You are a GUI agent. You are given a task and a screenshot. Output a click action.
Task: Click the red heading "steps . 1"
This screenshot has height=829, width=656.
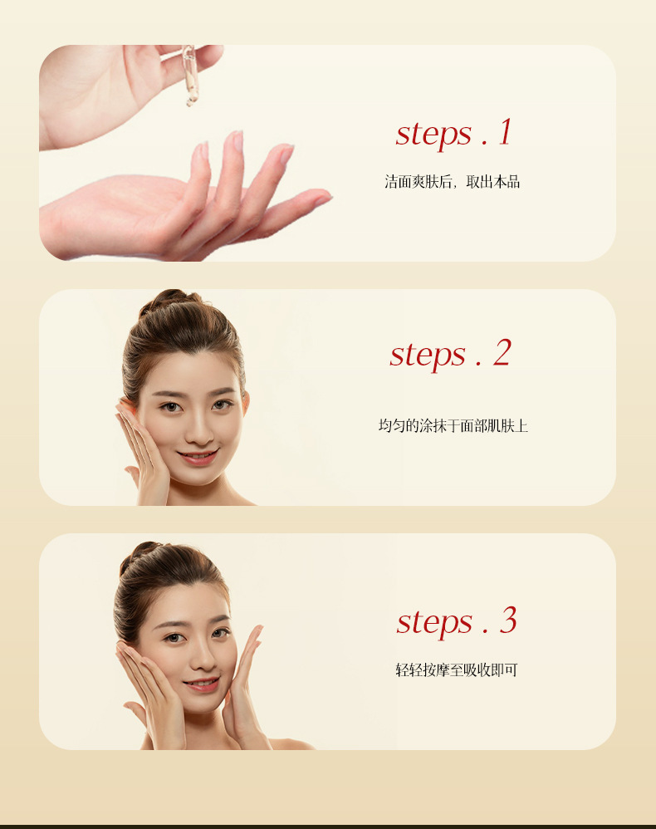pos(453,133)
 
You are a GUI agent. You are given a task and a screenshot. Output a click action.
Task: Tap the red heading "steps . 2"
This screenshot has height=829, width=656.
pos(450,354)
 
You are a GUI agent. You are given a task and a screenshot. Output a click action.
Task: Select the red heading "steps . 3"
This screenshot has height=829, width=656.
pos(457,621)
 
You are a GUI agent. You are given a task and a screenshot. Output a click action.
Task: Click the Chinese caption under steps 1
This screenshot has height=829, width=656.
pos(452,182)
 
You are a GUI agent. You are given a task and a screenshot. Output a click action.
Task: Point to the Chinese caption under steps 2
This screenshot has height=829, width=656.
pos(453,425)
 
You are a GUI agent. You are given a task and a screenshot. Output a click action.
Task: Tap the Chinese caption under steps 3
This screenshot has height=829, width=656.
pos(457,670)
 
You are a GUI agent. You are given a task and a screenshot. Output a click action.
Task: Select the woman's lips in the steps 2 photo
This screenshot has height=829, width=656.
pos(197,456)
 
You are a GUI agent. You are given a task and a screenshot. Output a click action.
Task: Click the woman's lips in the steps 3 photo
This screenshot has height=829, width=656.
pos(202,684)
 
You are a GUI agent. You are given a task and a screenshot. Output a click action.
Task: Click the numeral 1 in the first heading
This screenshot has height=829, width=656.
pos(506,131)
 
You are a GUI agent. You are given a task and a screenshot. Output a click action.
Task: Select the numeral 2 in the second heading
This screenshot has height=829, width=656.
pos(502,353)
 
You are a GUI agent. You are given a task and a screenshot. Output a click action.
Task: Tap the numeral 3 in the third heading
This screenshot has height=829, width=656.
pos(508,620)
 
